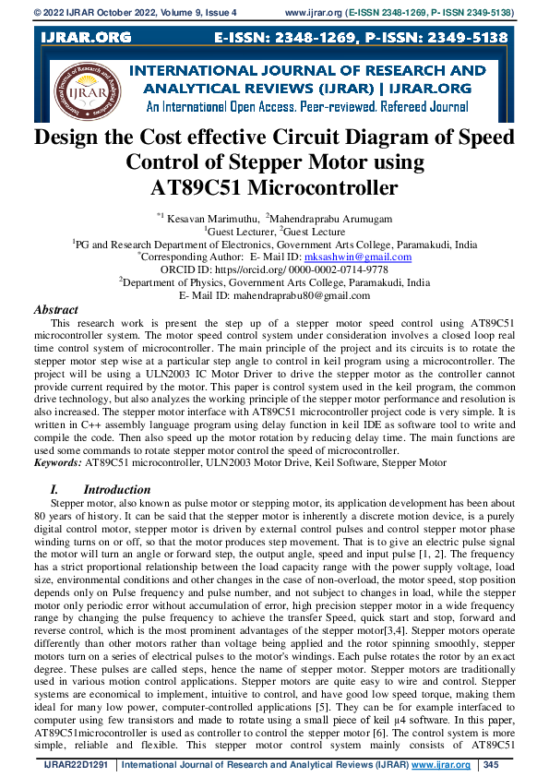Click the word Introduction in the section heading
(x=117, y=489)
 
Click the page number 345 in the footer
(x=491, y=765)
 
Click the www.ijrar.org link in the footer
(x=442, y=765)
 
